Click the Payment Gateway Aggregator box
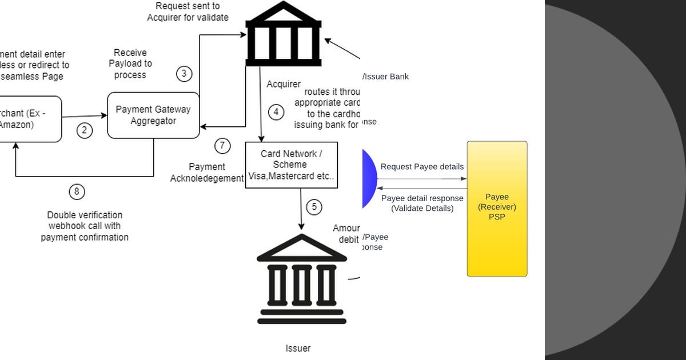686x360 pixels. (153, 115)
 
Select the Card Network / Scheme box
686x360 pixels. (292, 165)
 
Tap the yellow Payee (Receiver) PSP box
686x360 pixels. (497, 209)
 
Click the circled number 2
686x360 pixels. (85, 130)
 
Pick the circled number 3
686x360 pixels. (184, 74)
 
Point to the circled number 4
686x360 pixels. (276, 112)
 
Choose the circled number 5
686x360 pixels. (314, 207)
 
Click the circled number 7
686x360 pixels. (222, 146)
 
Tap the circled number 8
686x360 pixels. (77, 191)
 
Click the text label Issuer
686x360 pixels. (298, 348)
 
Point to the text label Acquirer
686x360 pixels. (284, 84)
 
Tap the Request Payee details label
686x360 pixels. (422, 166)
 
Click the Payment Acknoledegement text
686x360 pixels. (207, 173)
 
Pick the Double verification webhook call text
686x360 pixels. (85, 226)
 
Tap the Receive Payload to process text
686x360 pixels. (130, 63)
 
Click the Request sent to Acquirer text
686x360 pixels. (188, 11)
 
